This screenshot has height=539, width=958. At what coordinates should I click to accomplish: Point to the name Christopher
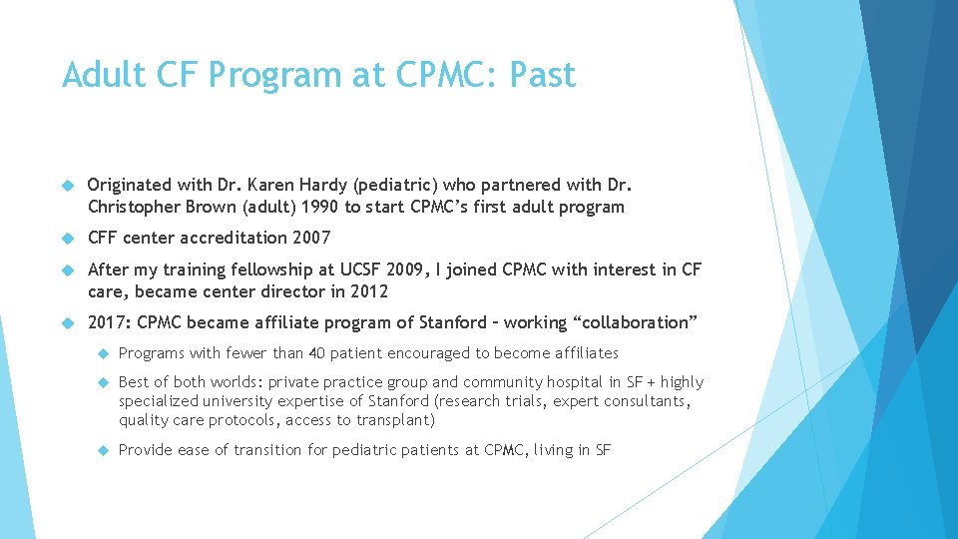[137, 208]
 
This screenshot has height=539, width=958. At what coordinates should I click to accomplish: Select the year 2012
[365, 291]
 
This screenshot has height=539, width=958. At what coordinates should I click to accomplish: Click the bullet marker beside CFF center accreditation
[68, 239]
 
